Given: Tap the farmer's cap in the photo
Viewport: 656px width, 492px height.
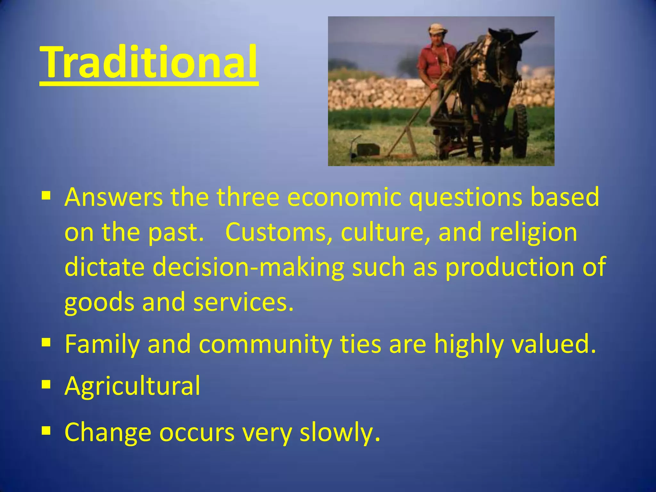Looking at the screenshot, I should [438, 28].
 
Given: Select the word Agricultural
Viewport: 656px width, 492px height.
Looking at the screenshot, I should [132, 386].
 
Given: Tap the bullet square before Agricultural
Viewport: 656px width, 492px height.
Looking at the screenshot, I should [46, 383].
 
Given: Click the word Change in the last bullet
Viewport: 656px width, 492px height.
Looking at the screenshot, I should [108, 432].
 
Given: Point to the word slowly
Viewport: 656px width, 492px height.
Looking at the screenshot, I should [340, 432].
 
